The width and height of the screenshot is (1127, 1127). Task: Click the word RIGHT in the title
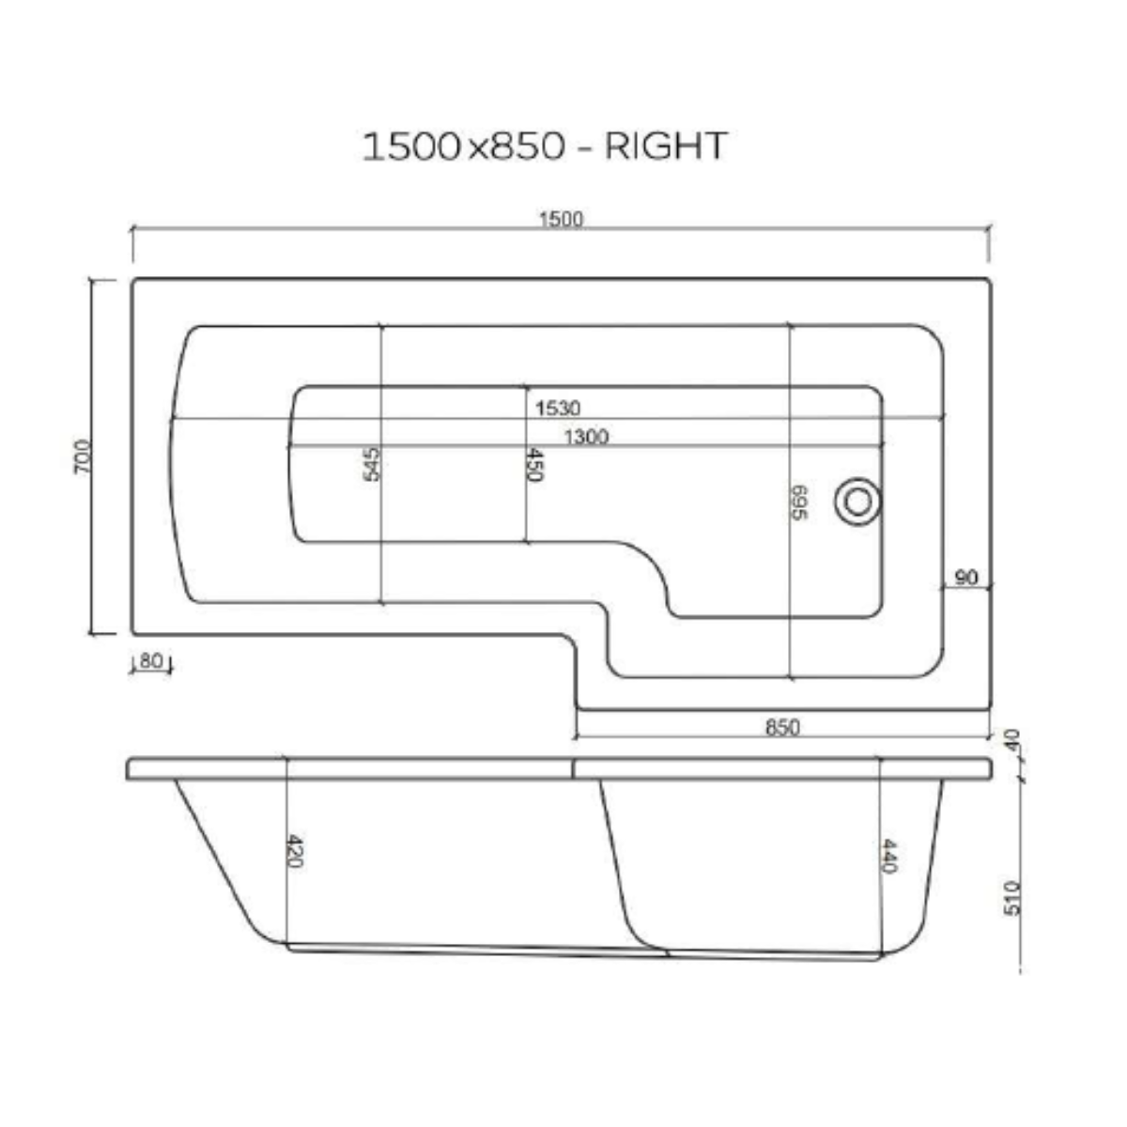[x=666, y=147]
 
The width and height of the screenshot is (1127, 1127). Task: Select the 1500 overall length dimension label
[x=561, y=220]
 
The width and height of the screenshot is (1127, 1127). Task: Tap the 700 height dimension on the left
[x=83, y=456]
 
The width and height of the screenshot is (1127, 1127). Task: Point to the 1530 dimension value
[x=558, y=409]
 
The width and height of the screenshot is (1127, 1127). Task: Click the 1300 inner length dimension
[x=586, y=437]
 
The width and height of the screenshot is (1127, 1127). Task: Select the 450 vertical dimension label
[x=533, y=465]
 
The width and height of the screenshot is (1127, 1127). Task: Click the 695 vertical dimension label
[x=799, y=504]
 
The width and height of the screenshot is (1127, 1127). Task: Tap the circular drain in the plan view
[x=857, y=500]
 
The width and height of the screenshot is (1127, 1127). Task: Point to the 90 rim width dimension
[x=966, y=578]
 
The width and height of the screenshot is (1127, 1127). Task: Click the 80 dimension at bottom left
[x=150, y=661]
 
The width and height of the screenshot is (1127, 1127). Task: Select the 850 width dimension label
[x=782, y=727]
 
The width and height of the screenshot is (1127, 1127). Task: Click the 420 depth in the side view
[x=294, y=851]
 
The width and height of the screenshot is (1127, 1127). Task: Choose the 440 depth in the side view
[x=889, y=856]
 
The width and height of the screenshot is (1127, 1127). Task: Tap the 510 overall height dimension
[x=1011, y=897]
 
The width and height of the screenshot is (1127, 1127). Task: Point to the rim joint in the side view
[x=573, y=768]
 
